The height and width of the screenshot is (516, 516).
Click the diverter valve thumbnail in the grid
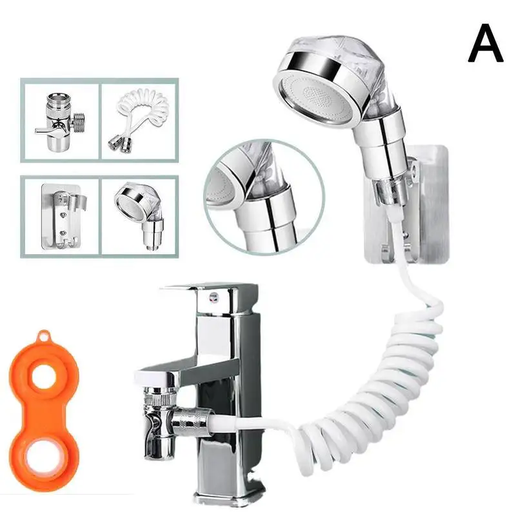60,120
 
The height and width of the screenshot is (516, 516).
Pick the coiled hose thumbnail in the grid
138,120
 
